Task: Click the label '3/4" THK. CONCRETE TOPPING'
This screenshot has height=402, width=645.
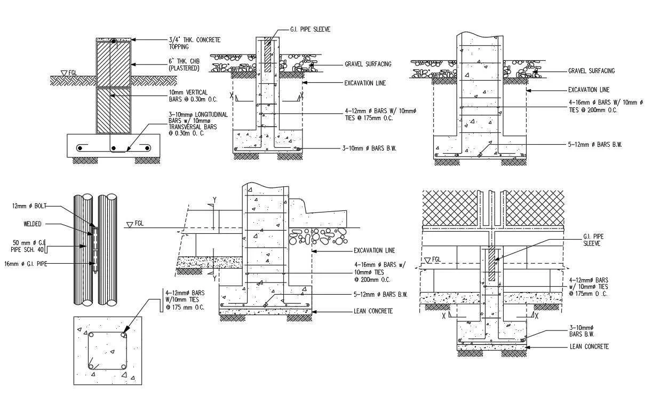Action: (x=195, y=43)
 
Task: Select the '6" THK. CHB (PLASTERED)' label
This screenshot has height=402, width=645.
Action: (x=184, y=65)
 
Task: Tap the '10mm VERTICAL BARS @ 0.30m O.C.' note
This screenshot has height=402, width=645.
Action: (x=193, y=96)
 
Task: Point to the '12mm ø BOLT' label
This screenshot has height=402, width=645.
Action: (x=29, y=206)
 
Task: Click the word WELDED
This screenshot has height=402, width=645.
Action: (x=32, y=224)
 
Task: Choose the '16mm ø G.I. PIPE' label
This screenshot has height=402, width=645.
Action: (x=26, y=263)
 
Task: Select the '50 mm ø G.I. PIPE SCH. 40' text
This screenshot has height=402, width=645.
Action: (x=28, y=246)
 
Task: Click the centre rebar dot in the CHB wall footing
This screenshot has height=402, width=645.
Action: (x=114, y=148)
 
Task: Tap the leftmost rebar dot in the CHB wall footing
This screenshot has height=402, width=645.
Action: (x=80, y=148)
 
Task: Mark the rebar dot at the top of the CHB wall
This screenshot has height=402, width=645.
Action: (x=114, y=42)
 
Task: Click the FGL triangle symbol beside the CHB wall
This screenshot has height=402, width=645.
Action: (x=64, y=73)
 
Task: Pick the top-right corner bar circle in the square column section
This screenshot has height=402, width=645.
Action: (x=123, y=335)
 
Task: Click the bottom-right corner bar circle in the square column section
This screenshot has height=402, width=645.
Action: (x=124, y=367)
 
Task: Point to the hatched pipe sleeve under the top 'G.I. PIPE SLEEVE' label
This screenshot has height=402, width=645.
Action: (x=268, y=54)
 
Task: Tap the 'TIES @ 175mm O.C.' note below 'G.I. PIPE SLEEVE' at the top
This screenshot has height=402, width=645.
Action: (x=369, y=118)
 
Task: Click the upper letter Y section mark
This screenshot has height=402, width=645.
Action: (x=214, y=200)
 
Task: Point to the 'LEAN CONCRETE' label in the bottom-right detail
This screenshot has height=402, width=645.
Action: (x=589, y=346)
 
